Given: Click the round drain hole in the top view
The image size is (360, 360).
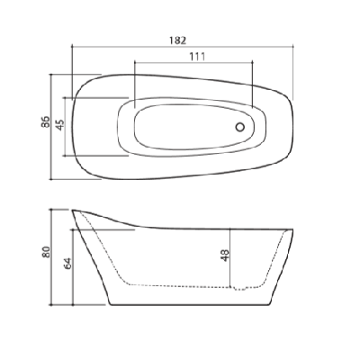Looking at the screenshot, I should pyautogui.click(x=240, y=127).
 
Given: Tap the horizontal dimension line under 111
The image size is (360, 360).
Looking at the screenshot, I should pyautogui.click(x=193, y=64).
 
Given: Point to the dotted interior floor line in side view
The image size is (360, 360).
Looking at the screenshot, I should pyautogui.click(x=180, y=285).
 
